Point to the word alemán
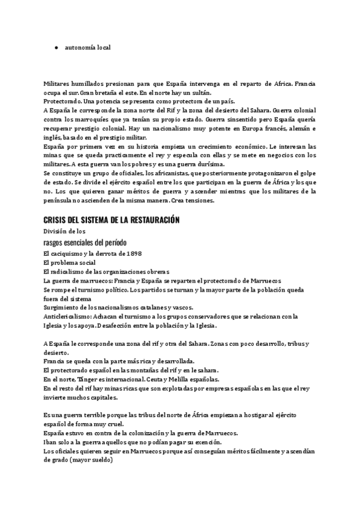(x=294, y=128)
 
